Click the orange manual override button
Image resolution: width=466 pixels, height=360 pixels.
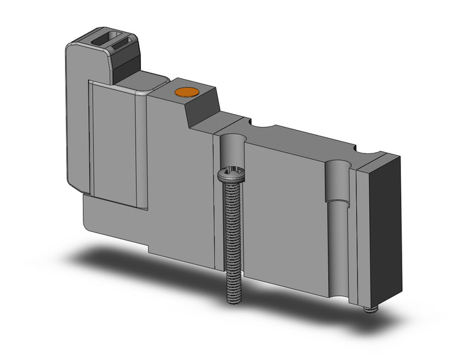(185, 93)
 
